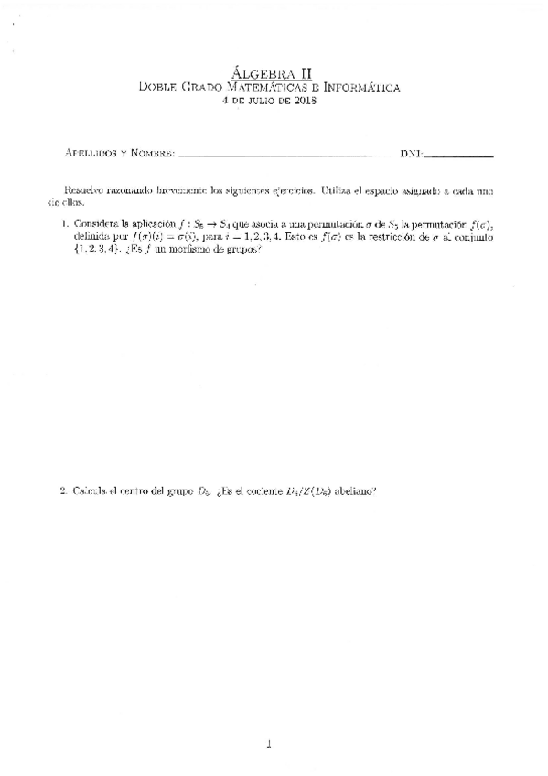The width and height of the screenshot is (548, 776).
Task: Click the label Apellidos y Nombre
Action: click(x=120, y=152)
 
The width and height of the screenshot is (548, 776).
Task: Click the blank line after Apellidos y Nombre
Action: click(x=275, y=154)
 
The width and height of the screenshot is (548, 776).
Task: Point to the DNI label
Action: click(x=411, y=152)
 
